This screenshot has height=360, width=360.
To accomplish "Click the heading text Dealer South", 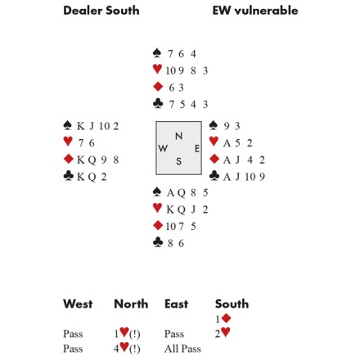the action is coord(101,11).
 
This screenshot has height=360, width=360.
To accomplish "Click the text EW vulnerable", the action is coord(255,11).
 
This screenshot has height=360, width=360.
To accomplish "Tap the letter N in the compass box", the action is coord(178,136).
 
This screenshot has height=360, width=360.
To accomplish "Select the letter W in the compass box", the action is coord(163,148).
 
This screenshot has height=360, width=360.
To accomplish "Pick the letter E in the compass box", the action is coord(197,149).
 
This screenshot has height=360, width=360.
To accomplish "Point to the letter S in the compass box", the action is coord(178,161).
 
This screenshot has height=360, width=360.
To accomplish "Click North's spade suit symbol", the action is coord(157,53).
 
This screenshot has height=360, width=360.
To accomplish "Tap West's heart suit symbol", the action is coord(68,142).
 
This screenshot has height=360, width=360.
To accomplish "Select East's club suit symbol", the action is coord(214,176).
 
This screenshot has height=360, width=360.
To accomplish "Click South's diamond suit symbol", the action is coord(158,226).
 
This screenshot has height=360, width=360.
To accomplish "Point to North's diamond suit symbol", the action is coord(158,87).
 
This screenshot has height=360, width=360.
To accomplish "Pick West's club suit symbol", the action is coord(69,176).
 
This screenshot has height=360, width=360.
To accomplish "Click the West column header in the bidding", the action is coord(78,304).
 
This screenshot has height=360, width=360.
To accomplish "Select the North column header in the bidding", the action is coord(131,304).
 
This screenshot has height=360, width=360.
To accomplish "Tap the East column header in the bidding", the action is coord(176,304).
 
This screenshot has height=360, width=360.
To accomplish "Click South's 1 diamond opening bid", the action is coord(223,318).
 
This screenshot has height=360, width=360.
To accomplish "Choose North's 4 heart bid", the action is coord(127,348).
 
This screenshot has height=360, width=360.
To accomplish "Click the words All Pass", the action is coord(182,349).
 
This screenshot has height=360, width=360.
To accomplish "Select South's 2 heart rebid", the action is coord(223,333).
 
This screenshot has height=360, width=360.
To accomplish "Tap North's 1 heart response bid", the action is coord(127,333).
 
